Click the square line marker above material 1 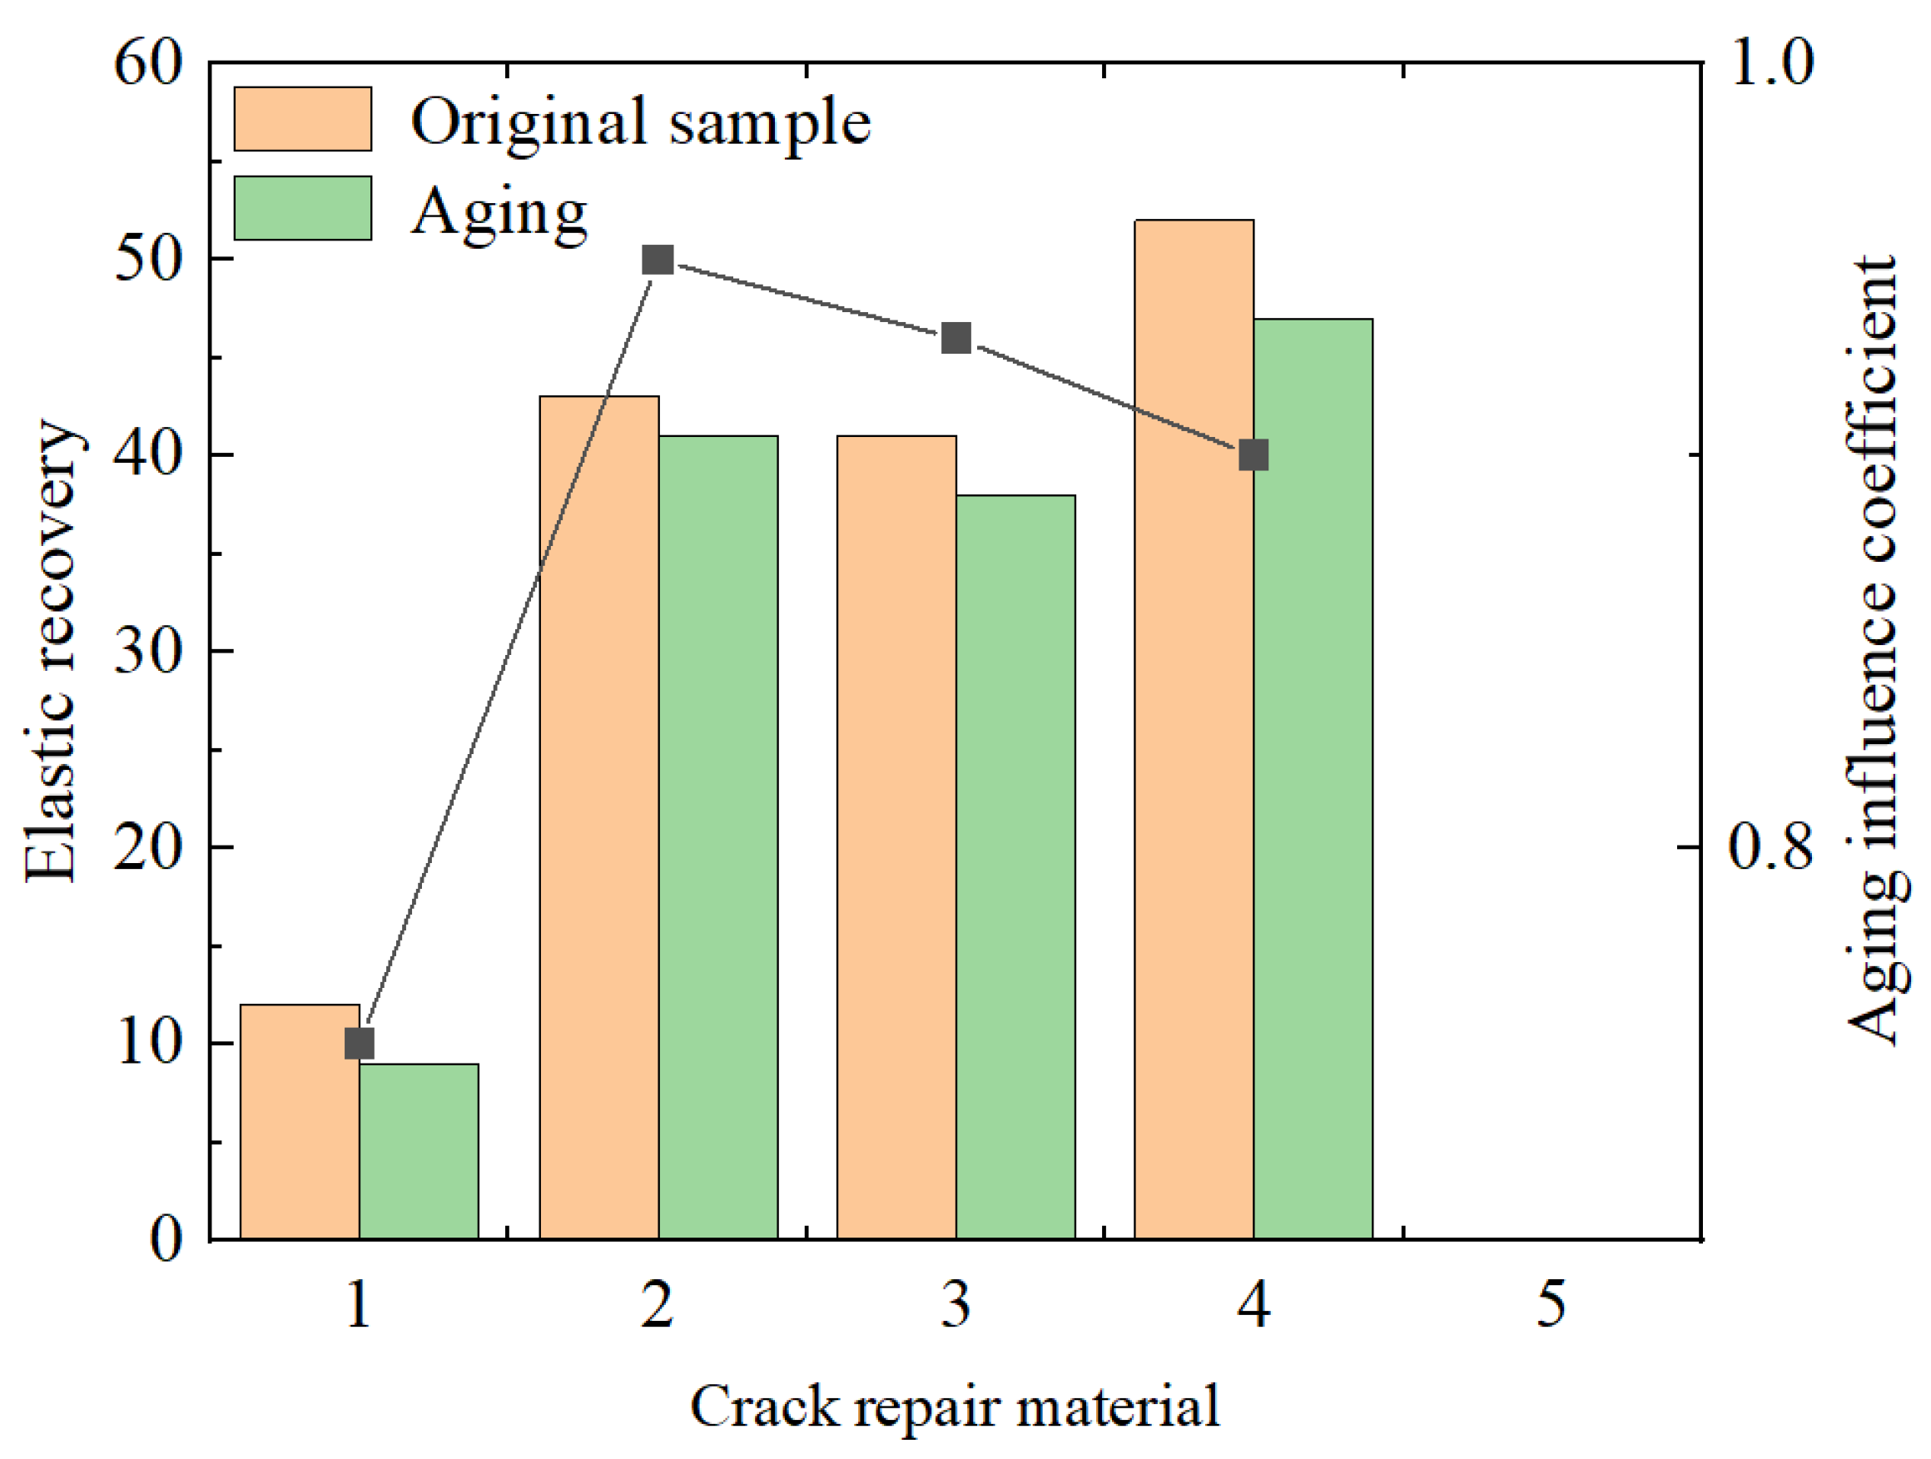pyautogui.click(x=360, y=1044)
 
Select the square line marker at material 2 pyautogui.click(x=658, y=260)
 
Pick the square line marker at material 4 pyautogui.click(x=1253, y=455)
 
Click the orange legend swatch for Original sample pyautogui.click(x=303, y=119)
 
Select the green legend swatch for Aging pyautogui.click(x=303, y=208)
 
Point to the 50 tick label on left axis pyautogui.click(x=148, y=259)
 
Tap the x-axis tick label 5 pyautogui.click(x=1552, y=1305)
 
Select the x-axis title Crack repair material pyautogui.click(x=955, y=1407)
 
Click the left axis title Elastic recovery pyautogui.click(x=52, y=651)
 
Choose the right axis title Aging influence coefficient pyautogui.click(x=1877, y=651)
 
